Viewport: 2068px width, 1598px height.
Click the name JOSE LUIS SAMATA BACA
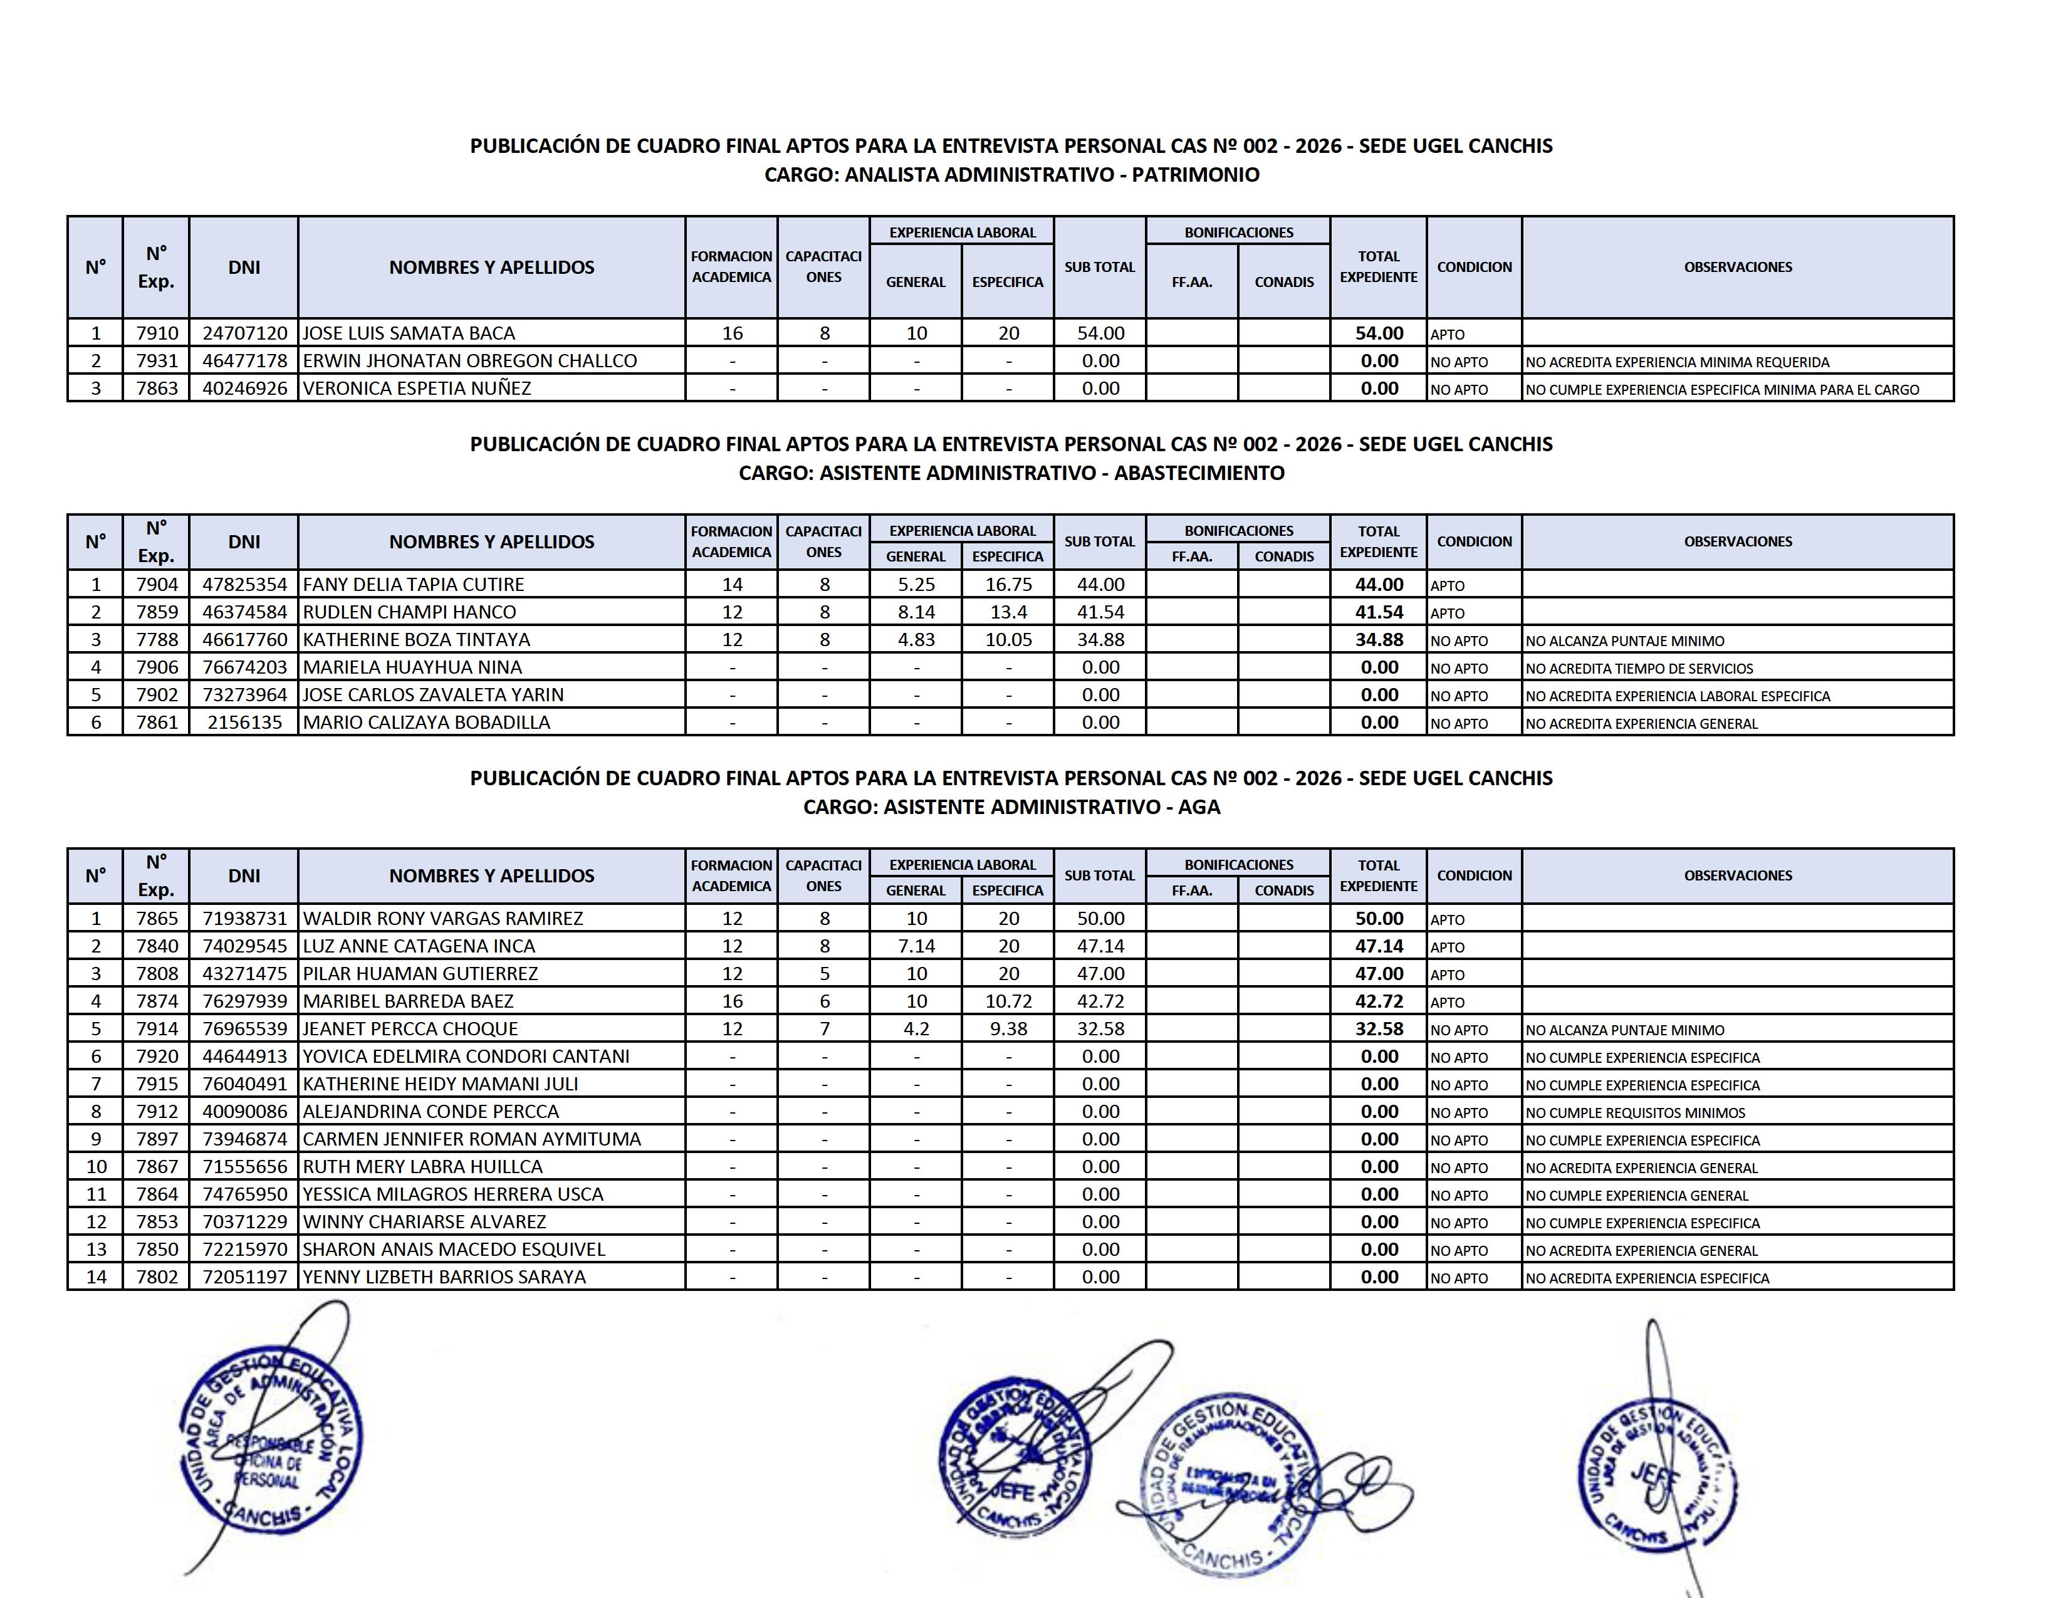coord(409,333)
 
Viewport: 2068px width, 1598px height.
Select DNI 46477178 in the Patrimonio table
coord(244,361)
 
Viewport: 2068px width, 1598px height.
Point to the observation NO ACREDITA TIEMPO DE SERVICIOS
coord(1639,669)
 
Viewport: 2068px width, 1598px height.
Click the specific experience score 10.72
coord(1008,1001)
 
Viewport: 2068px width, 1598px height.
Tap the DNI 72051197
coord(244,1277)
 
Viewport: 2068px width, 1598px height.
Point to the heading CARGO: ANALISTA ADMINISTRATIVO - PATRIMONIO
coord(1011,175)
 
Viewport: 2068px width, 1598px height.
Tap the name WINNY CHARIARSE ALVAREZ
coord(424,1222)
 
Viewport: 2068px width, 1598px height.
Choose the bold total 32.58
coord(1379,1029)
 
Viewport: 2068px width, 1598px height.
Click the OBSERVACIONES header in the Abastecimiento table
coord(1738,541)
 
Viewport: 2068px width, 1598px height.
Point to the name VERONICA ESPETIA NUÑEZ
coord(417,388)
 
